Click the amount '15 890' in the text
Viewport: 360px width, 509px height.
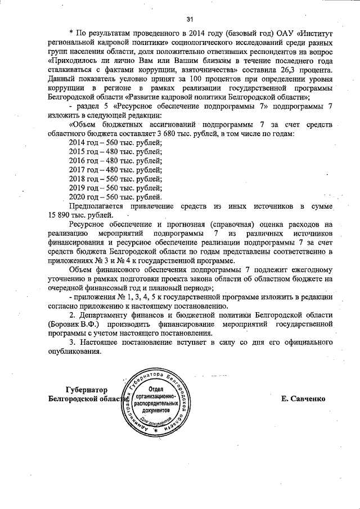click(x=62, y=215)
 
